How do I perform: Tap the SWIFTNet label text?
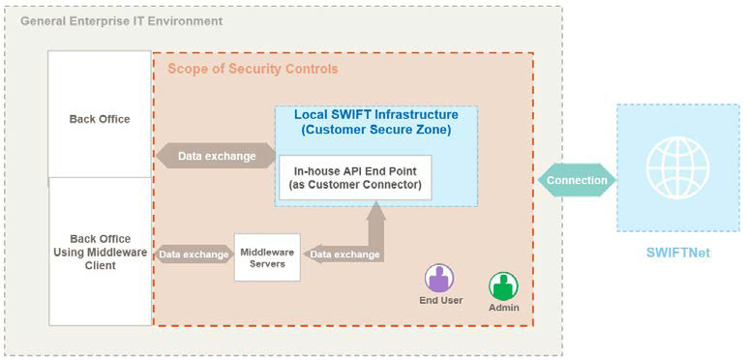[678, 253]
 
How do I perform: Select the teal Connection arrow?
[577, 181]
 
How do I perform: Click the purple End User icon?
[439, 279]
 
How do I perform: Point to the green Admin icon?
[503, 286]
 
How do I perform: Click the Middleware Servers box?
[267, 257]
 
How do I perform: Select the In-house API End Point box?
[355, 177]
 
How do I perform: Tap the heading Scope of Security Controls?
[253, 69]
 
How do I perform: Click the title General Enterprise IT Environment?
[122, 21]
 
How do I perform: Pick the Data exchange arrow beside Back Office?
[216, 156]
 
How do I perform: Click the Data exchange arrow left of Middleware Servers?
[194, 255]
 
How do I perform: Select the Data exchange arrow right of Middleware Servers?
[345, 255]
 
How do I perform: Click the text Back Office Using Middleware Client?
[101, 253]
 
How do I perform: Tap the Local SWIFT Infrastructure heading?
[376, 115]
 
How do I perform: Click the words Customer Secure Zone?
[376, 131]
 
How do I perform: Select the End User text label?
[441, 300]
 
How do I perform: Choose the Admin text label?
[504, 308]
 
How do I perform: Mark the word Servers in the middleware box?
[267, 263]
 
